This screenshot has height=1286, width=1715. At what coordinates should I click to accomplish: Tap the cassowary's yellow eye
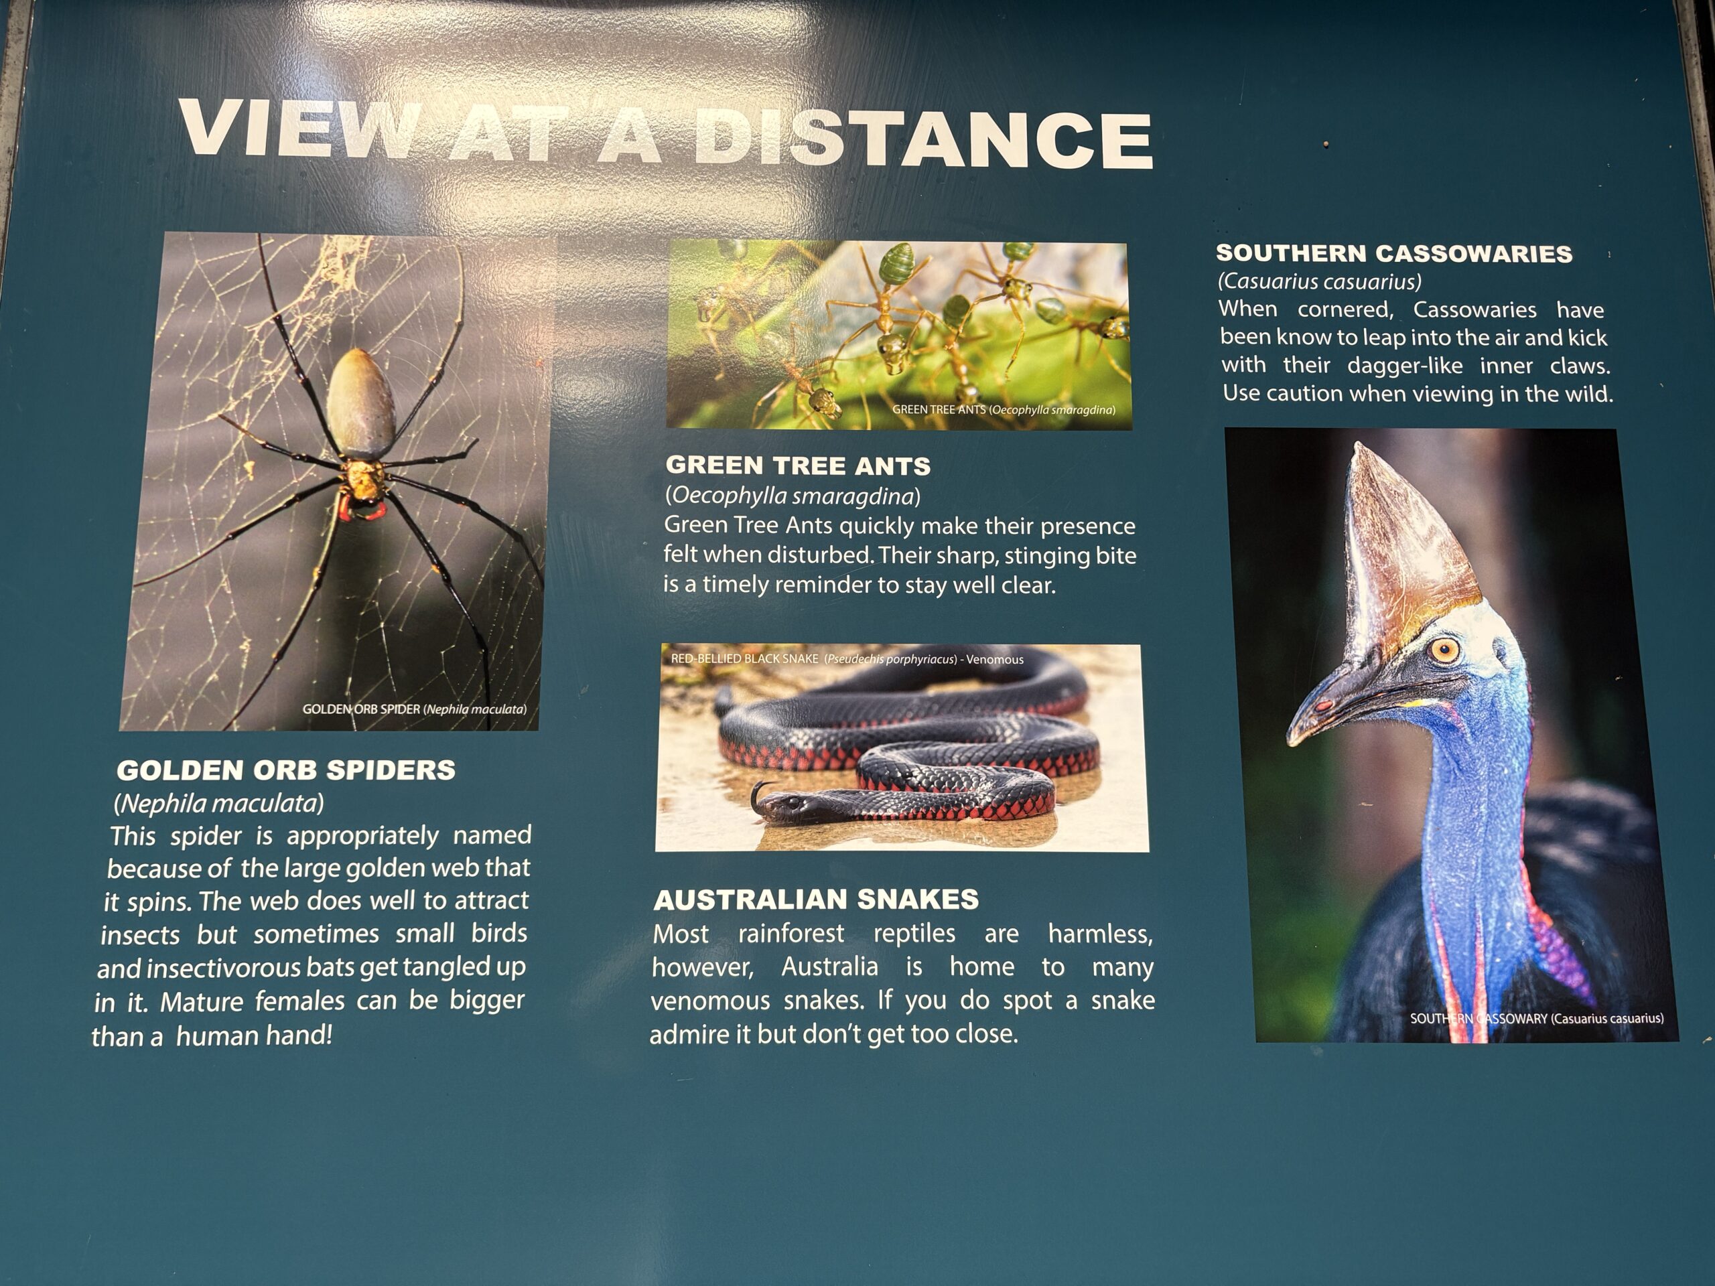[x=1444, y=648]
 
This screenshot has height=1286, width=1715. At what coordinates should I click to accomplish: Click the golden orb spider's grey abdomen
[x=360, y=405]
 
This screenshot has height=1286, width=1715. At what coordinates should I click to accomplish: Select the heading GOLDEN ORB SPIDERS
[x=286, y=770]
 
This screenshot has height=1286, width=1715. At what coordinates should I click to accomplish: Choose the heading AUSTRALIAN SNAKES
[x=817, y=899]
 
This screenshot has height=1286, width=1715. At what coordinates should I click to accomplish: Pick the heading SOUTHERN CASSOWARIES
[x=1394, y=253]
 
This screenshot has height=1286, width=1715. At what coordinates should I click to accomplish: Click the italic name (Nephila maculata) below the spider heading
[x=218, y=803]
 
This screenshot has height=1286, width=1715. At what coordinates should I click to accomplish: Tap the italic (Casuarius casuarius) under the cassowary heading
[x=1320, y=281]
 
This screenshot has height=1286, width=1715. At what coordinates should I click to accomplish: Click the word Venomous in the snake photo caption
[x=995, y=660]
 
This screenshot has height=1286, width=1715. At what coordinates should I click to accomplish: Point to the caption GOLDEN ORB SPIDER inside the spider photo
[x=361, y=709]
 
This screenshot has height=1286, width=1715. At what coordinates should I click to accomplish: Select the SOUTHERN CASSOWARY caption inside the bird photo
[x=1479, y=1018]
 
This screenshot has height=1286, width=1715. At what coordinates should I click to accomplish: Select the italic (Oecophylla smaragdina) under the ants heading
[x=793, y=496]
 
